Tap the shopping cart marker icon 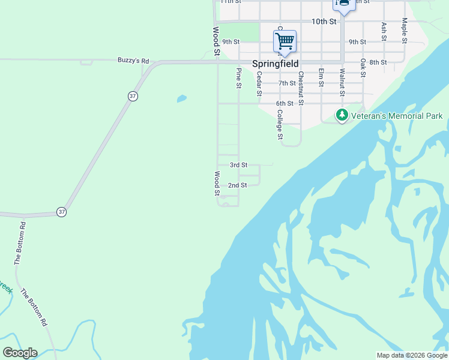point(285,41)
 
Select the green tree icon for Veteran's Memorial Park point(342,115)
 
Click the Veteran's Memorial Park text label point(397,116)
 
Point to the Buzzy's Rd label point(133,61)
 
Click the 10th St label point(324,22)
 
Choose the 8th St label point(378,62)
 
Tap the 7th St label point(287,83)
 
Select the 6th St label point(285,103)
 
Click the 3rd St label point(238,165)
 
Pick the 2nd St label point(238,185)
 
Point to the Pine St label point(239,78)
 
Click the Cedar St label point(259,83)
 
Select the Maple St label point(405,30)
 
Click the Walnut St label point(342,82)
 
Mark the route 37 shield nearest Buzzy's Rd point(132,95)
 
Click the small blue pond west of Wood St point(181,98)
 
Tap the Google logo point(20,353)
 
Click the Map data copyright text point(412,355)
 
